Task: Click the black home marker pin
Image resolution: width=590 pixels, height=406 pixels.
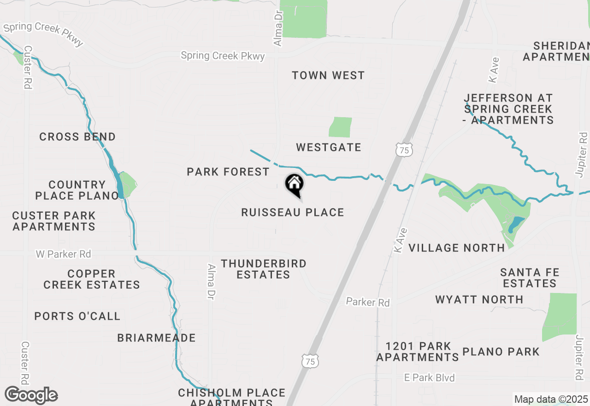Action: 294,185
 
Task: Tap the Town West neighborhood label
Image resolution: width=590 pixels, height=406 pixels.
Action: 328,75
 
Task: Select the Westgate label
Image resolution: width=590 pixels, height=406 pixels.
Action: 329,148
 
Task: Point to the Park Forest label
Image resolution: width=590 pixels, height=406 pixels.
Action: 228,172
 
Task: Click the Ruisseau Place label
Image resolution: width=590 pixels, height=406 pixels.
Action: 293,213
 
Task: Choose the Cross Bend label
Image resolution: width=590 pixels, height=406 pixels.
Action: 77,137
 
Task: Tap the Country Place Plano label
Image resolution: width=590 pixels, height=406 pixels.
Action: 77,190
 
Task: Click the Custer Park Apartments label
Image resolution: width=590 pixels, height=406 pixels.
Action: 54,221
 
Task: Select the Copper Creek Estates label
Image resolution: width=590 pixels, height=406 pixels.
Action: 92,279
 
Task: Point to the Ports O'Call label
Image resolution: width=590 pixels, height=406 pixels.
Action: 77,316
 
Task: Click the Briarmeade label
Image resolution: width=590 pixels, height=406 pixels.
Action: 156,338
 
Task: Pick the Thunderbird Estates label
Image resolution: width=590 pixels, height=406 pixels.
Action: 263,269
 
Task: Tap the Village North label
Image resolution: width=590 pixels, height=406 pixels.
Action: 457,248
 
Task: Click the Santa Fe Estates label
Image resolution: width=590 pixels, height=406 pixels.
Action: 530,278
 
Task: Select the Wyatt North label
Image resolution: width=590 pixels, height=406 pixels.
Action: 479,300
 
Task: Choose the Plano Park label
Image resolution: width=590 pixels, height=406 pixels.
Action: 501,352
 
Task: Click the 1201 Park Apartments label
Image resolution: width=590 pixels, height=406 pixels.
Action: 418,352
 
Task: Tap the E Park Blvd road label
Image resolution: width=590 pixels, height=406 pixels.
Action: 429,378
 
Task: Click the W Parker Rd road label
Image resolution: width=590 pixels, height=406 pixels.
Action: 64,254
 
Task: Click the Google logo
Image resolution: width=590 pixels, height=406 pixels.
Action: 31,395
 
